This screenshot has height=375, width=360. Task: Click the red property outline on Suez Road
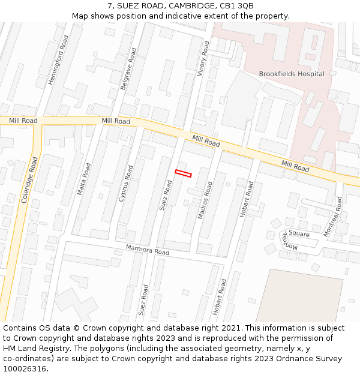(x=183, y=173)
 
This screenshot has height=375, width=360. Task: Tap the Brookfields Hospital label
(x=292, y=74)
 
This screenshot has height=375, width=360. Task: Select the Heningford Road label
(x=58, y=59)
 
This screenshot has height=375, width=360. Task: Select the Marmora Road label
(x=148, y=250)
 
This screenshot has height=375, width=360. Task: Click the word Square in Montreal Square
(x=299, y=233)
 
